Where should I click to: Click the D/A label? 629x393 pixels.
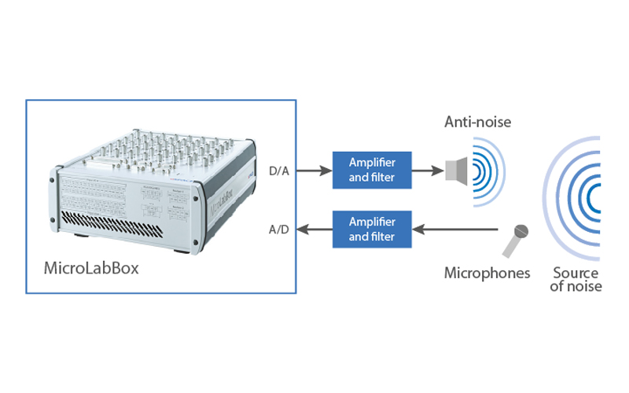278,170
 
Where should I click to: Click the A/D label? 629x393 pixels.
278,230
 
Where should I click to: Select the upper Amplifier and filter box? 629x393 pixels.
372,169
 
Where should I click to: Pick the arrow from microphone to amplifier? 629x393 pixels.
456,230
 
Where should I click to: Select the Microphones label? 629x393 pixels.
487,274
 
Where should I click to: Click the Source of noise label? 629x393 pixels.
576,280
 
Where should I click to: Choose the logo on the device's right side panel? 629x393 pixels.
223,206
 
